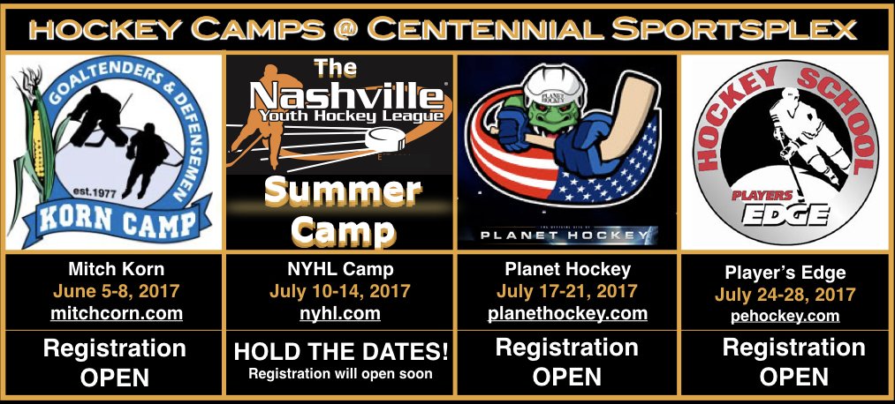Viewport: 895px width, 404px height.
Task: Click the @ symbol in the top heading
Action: coord(339,28)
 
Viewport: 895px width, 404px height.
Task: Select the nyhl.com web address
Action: coord(341,313)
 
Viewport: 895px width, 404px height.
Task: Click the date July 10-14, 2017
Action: coord(341,290)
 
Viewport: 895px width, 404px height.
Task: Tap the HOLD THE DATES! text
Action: coord(341,353)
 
